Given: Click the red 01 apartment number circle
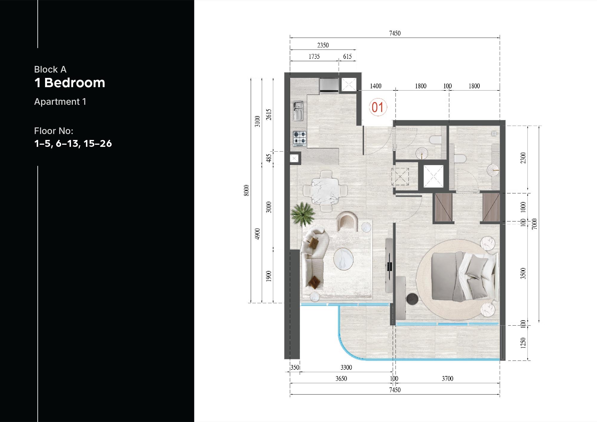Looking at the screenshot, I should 378,107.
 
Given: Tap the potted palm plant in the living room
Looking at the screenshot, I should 303,214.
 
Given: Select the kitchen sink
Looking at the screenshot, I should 298,111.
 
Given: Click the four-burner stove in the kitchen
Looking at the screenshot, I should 299,138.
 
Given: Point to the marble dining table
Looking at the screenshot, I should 325,191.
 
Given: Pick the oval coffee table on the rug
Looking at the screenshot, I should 343,259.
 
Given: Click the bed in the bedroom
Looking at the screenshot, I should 464,276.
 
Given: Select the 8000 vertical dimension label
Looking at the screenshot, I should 246,190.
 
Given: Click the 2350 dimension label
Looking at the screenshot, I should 323,45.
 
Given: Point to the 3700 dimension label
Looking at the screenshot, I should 447,378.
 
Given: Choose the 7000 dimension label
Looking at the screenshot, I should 534,224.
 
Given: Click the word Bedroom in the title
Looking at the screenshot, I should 75,83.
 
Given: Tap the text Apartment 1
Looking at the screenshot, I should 60,102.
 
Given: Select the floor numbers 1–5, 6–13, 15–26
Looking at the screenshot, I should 73,144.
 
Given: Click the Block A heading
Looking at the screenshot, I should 50,70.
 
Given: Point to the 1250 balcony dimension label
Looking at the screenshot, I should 523,343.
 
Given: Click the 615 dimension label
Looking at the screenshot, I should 347,56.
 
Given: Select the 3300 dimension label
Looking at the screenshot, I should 346,367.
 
